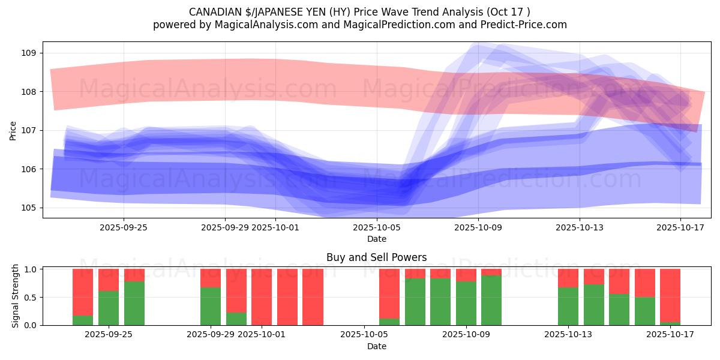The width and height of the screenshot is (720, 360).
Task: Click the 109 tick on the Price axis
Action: [28, 53]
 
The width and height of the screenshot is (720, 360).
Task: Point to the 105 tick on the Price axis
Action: [28, 208]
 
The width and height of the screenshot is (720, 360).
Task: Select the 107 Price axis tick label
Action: [28, 130]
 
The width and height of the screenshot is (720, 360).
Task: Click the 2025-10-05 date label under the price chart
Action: [376, 227]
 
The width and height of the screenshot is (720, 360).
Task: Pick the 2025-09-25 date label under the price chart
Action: [124, 227]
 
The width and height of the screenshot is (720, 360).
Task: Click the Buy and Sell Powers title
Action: [376, 257]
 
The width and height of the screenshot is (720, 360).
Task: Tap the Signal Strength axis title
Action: [16, 296]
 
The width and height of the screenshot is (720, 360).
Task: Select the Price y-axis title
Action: [13, 130]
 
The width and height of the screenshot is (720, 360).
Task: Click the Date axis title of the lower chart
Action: [376, 346]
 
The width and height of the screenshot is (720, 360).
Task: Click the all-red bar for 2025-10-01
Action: [262, 297]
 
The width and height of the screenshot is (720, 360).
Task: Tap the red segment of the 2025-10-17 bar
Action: [670, 295]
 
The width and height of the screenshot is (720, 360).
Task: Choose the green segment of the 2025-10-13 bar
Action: [568, 306]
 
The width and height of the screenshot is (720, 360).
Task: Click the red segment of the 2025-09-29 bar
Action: [211, 278]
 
